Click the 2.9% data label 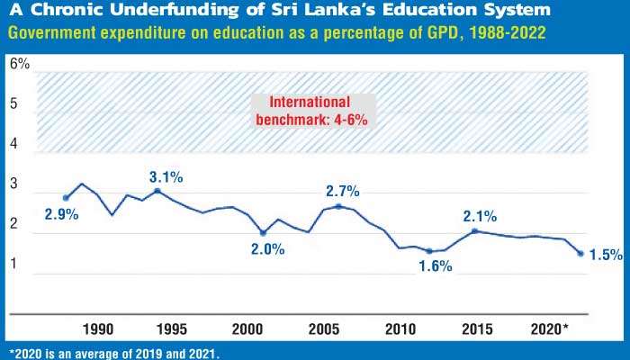click(x=60, y=214)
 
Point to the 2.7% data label click(x=342, y=191)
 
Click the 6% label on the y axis click(x=20, y=64)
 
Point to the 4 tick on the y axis click(x=14, y=144)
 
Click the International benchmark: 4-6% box click(x=311, y=110)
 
